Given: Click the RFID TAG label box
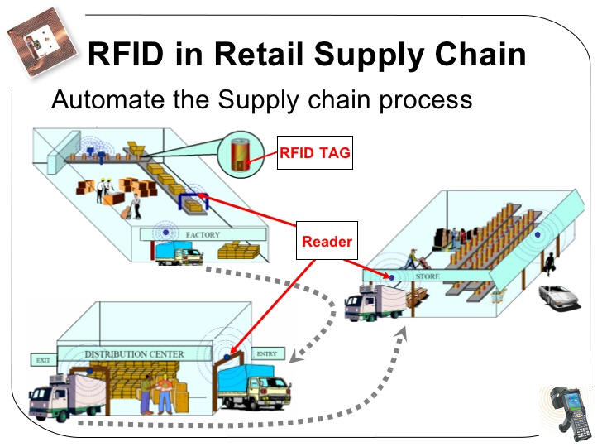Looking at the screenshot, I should (315, 152).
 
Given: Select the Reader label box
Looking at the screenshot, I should (327, 242).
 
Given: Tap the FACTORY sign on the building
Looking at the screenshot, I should (202, 235).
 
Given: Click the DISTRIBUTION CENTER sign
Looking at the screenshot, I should (134, 354).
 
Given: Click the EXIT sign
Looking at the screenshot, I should (41, 360).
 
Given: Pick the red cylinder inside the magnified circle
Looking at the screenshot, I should (239, 155).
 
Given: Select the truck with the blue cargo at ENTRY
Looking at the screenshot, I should (256, 387).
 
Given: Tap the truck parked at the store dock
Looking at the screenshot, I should (373, 303).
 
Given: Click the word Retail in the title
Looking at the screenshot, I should (263, 55).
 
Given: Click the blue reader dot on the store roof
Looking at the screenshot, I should (538, 235).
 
